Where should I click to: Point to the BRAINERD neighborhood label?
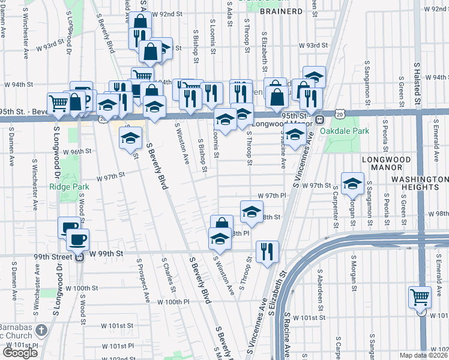click(281, 11)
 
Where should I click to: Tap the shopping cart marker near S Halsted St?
click(420, 297)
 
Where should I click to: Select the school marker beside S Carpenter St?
click(352, 183)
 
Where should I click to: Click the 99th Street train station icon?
click(79, 257)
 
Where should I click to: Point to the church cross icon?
click(41, 330)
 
